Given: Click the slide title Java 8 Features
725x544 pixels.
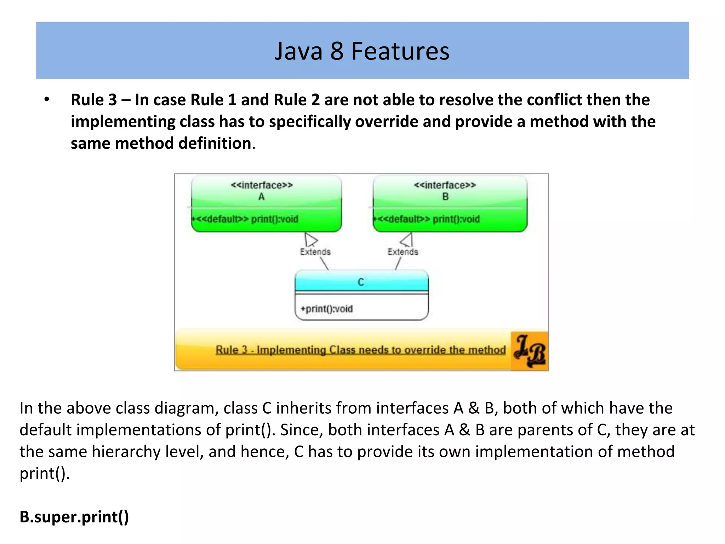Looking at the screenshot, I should (x=362, y=51).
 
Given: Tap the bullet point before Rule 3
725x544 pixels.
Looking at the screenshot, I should (x=47, y=100).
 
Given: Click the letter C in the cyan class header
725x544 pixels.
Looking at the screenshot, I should (x=361, y=282).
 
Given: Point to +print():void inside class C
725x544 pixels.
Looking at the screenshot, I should (x=326, y=309).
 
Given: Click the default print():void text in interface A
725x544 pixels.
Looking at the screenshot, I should (x=246, y=219).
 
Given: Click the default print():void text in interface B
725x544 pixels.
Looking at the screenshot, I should (x=428, y=219).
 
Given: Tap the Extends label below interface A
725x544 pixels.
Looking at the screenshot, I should (x=315, y=252).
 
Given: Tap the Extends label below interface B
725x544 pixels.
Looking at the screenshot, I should (x=403, y=252).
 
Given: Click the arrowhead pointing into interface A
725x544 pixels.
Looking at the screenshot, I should (x=310, y=239).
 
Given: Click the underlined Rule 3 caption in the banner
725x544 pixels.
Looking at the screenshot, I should (x=360, y=350).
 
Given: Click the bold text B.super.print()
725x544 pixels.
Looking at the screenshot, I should (x=74, y=517).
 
